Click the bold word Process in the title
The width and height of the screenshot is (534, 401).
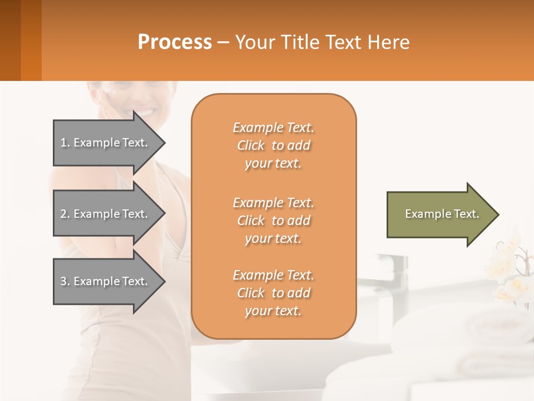pyautogui.click(x=175, y=42)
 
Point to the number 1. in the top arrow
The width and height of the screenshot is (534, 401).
pyautogui.click(x=65, y=143)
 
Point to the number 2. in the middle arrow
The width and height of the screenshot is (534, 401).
pyautogui.click(x=65, y=214)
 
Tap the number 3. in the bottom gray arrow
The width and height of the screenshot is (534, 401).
pyautogui.click(x=65, y=281)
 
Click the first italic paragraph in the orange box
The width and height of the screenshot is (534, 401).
pyautogui.click(x=273, y=145)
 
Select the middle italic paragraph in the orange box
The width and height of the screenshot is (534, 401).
pyautogui.click(x=273, y=221)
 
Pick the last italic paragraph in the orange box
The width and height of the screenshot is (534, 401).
pyautogui.click(x=273, y=293)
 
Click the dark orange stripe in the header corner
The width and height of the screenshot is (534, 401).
pyautogui.click(x=31, y=40)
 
